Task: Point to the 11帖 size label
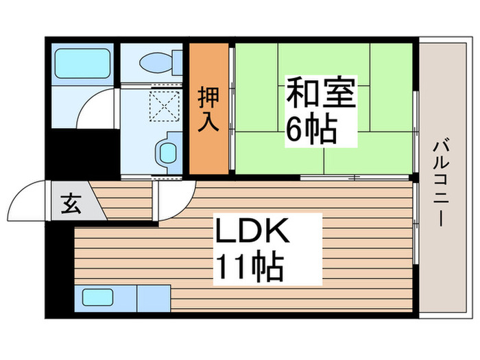249,266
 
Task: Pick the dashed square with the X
163,105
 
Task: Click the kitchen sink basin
98,298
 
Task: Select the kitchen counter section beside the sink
153,298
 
